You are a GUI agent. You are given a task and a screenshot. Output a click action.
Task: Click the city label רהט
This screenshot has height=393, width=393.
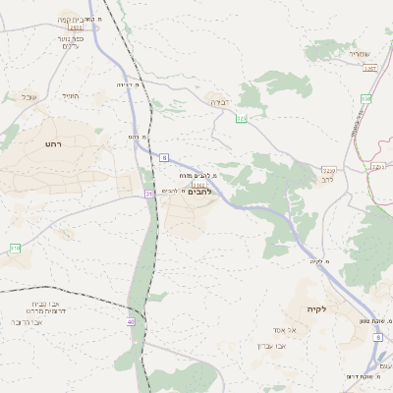53,143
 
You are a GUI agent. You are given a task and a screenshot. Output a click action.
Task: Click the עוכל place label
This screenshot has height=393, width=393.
27,96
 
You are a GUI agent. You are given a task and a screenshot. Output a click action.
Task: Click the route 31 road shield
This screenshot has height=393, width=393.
149,194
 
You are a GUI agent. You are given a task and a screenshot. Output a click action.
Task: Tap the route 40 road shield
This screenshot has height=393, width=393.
131,321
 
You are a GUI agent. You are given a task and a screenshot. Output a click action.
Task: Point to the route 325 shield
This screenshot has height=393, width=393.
242,119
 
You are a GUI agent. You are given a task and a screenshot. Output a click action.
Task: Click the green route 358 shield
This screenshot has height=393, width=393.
365,98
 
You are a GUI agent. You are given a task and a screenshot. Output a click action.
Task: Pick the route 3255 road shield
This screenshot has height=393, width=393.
329,170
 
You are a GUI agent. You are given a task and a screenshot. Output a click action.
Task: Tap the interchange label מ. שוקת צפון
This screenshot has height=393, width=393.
367,319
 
